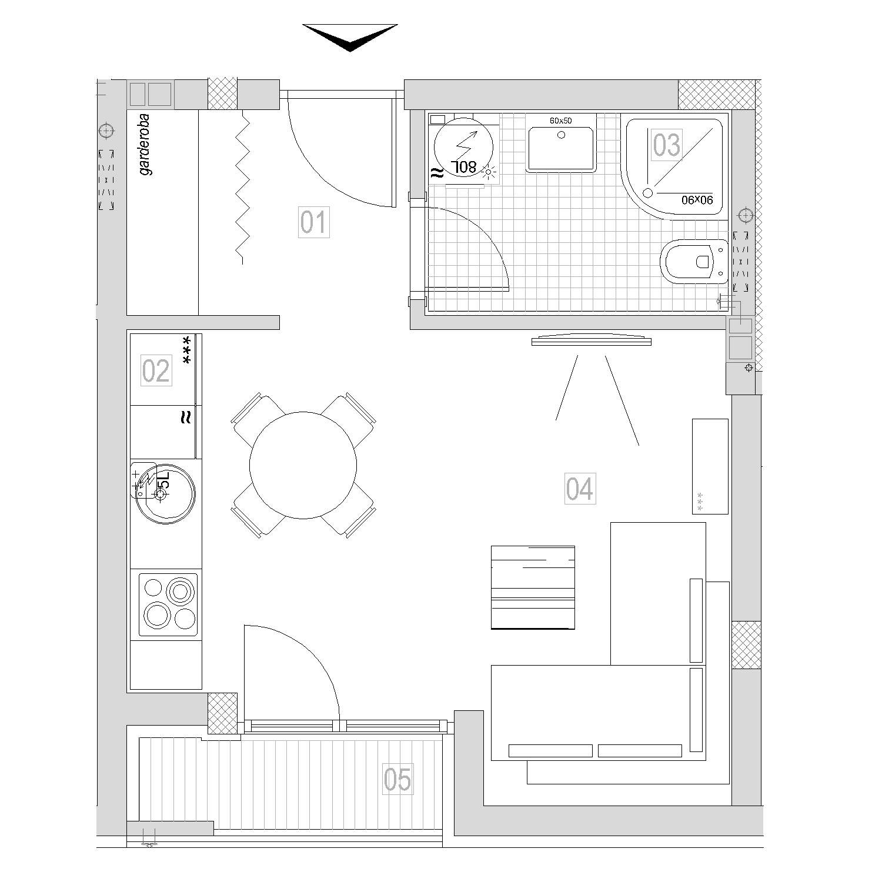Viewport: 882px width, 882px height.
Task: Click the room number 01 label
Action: pos(313,222)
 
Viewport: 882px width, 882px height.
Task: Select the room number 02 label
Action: pos(156,370)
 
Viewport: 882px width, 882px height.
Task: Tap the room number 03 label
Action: pos(667,145)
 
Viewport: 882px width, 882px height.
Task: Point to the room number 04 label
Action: pos(580,488)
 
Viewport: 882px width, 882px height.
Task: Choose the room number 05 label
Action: pos(397,779)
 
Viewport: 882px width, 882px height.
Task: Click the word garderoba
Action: pos(145,145)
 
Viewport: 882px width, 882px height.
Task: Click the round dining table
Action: pos(303,465)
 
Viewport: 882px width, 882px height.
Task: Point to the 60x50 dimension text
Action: pos(560,121)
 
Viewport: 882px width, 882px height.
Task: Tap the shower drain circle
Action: pos(648,192)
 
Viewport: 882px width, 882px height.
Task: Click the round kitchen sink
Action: pos(162,492)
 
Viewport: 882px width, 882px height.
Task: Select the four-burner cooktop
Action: pos(168,605)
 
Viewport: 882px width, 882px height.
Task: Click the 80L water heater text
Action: pos(465,167)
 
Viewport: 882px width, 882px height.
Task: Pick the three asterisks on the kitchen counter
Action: pos(187,350)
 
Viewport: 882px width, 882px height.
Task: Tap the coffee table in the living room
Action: pos(533,587)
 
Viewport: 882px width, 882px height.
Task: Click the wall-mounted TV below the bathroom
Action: pos(592,340)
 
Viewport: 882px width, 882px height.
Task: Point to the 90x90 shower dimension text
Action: pos(697,200)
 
